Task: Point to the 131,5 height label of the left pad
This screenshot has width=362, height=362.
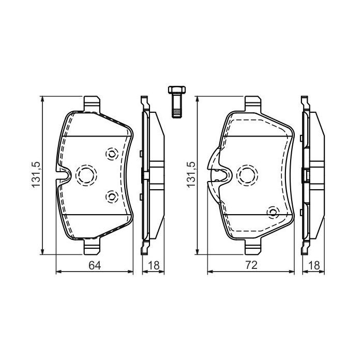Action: [x=37, y=174]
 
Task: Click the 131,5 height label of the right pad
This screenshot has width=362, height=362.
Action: [x=192, y=174]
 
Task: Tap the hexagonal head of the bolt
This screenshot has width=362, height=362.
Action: [x=176, y=91]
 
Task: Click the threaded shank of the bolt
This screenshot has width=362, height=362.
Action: [x=176, y=107]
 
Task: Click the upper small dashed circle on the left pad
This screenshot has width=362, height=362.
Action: [x=111, y=154]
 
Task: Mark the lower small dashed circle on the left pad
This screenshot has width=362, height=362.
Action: [x=111, y=195]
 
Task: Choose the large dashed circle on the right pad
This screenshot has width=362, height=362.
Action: [x=245, y=174]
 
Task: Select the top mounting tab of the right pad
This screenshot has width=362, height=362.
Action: [x=252, y=102]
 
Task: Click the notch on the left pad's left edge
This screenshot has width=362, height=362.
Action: [x=63, y=176]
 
